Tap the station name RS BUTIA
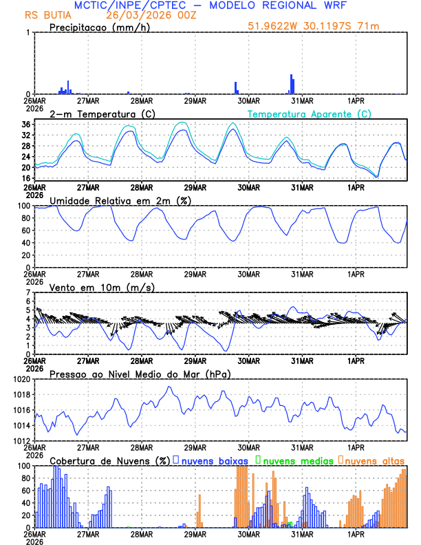click(46, 15)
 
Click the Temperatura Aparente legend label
click(309, 114)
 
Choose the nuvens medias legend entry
click(294, 460)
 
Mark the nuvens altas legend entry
click(374, 460)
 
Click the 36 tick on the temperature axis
click(25, 125)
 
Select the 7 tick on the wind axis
click(28, 292)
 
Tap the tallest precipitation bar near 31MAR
click(291, 84)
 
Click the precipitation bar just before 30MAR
click(235, 87)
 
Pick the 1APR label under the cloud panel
click(356, 533)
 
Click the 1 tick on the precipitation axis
click(28, 32)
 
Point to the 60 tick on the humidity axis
click(25, 231)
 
